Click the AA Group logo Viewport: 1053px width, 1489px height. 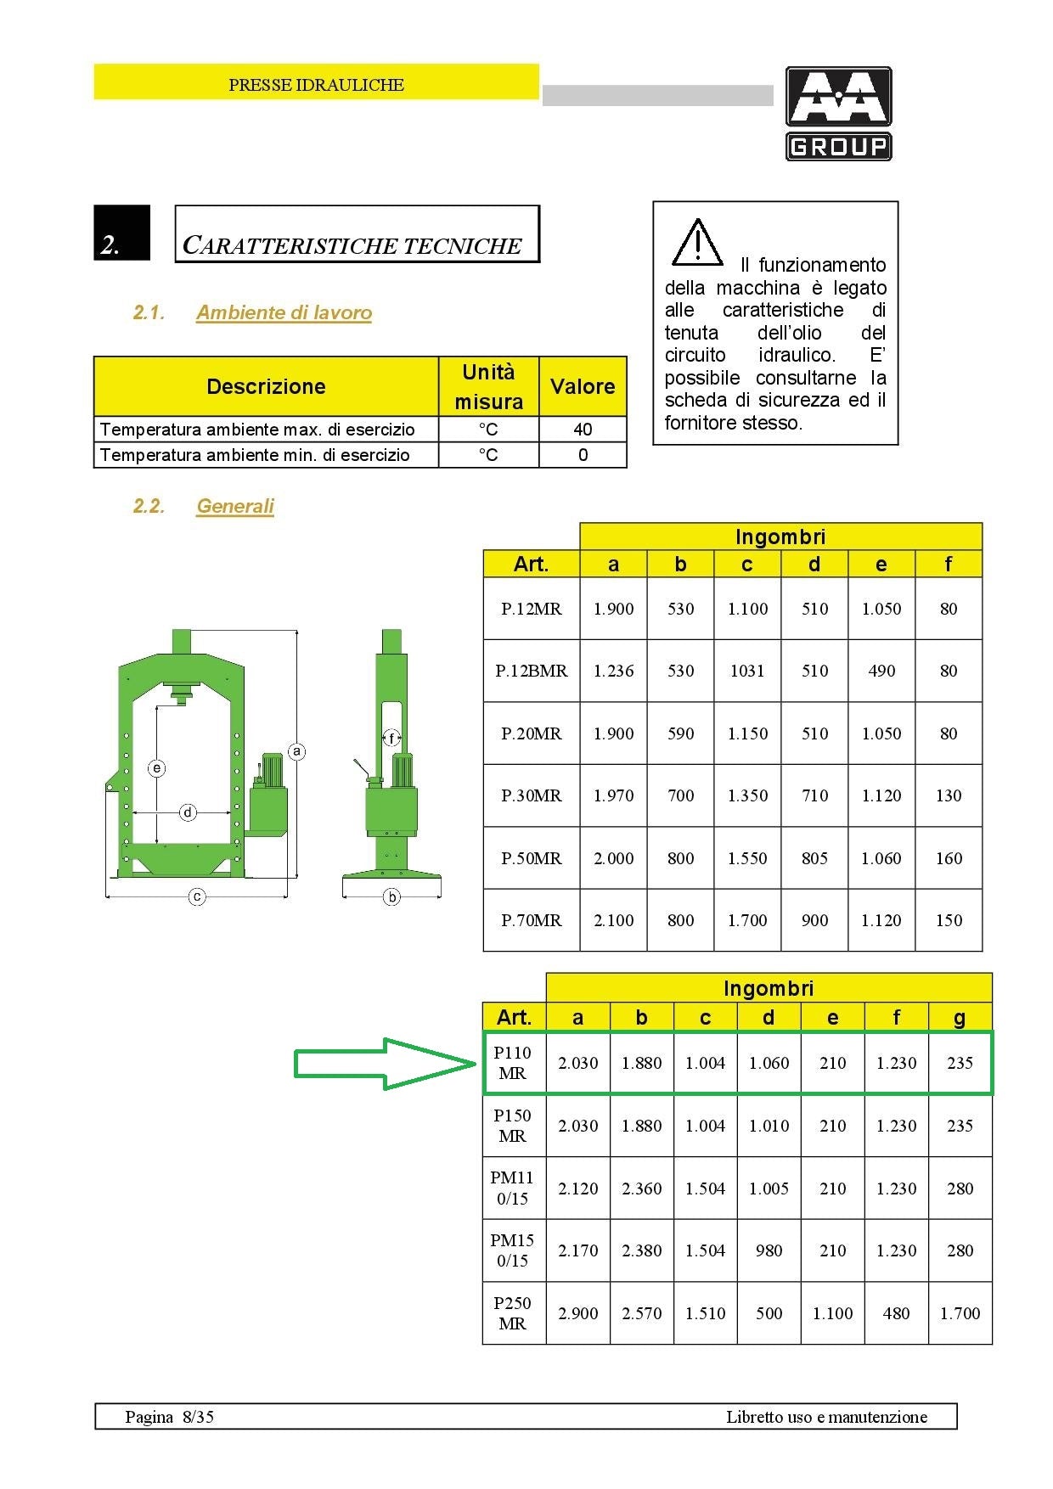838,114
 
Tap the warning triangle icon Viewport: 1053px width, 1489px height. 697,243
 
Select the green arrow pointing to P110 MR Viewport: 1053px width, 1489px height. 384,1063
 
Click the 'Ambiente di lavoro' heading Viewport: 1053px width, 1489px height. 284,312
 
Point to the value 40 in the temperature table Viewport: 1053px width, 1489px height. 583,430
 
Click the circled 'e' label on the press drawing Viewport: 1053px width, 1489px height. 156,768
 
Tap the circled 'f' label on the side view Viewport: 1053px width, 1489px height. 391,738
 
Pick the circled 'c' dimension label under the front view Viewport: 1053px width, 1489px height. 197,896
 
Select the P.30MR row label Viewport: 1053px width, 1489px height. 532,795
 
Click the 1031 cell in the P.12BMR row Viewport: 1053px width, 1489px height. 747,671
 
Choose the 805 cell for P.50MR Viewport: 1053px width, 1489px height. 814,858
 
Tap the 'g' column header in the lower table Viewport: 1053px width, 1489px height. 960,1017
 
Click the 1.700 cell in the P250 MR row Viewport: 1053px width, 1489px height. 960,1313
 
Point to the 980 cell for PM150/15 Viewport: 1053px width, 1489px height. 769,1250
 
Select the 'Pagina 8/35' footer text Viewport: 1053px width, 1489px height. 169,1416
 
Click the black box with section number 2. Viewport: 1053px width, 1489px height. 121,233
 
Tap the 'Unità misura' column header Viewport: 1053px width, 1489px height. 488,386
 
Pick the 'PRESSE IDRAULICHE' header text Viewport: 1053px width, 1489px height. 316,85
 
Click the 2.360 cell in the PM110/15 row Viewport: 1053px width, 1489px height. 641,1188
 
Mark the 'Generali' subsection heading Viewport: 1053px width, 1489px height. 235,506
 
